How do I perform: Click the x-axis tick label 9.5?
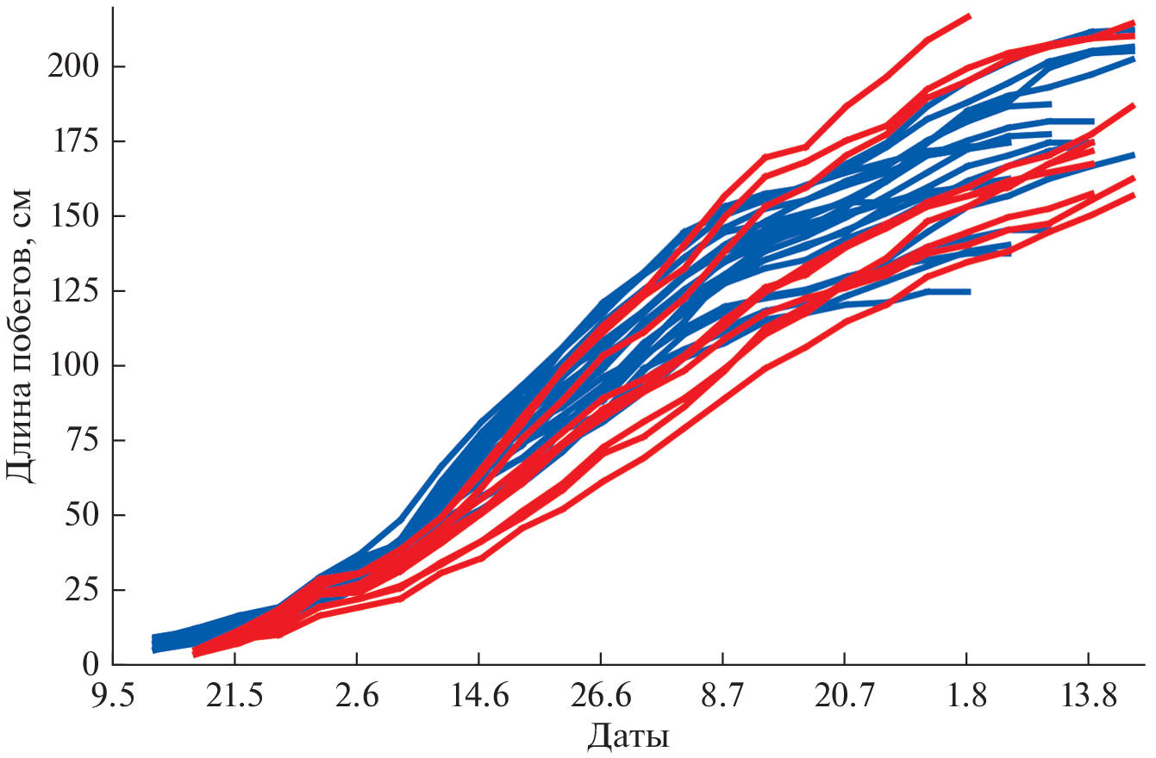113,695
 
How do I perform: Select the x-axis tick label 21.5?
234,695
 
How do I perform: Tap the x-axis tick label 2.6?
357,695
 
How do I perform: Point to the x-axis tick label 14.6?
478,695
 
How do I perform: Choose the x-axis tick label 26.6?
601,695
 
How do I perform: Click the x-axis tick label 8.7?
722,695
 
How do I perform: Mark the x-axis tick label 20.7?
845,695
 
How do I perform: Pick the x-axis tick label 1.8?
967,695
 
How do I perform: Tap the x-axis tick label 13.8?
1089,695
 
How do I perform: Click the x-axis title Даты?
629,736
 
